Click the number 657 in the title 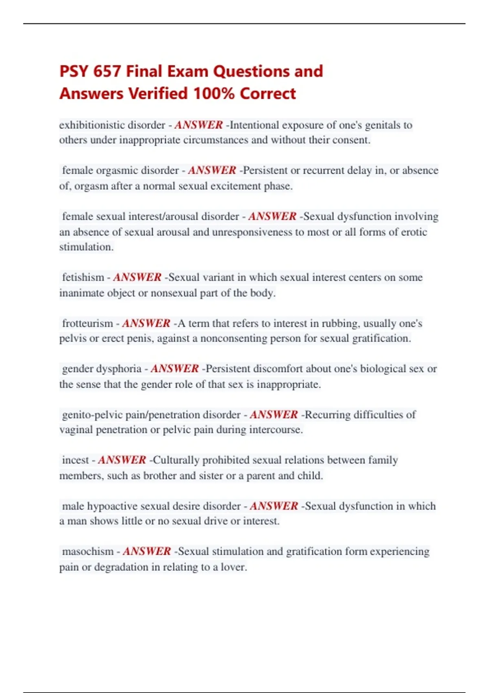point(107,71)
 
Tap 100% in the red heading point(214,93)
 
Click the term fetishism point(83,277)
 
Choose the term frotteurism point(88,323)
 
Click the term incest point(75,460)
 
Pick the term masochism point(88,551)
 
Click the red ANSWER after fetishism point(137,277)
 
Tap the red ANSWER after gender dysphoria point(175,369)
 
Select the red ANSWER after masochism point(147,551)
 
